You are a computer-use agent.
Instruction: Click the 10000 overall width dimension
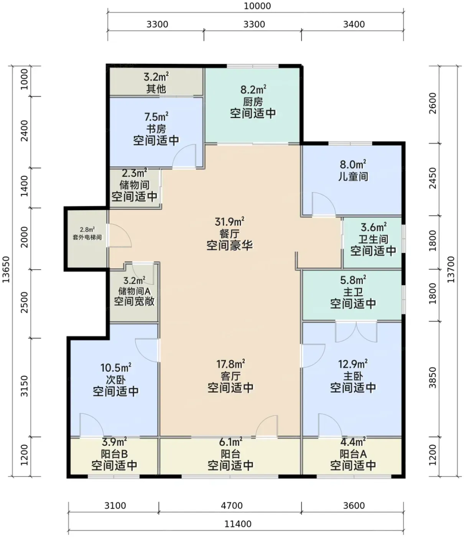(257, 6)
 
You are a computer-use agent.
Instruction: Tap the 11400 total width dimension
(238, 524)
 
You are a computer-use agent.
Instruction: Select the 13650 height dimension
(6, 269)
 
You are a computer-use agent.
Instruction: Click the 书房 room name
(156, 129)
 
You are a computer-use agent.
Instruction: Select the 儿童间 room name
(353, 176)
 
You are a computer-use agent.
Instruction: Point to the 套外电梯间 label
(87, 237)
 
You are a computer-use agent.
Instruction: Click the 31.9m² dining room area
(229, 222)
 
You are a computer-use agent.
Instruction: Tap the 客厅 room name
(231, 376)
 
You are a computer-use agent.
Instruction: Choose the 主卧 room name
(353, 376)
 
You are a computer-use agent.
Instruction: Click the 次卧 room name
(116, 380)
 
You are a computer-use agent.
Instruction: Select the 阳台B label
(114, 454)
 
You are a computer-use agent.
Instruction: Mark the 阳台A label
(353, 454)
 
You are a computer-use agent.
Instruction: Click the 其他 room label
(156, 89)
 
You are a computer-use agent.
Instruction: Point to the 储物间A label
(134, 291)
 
